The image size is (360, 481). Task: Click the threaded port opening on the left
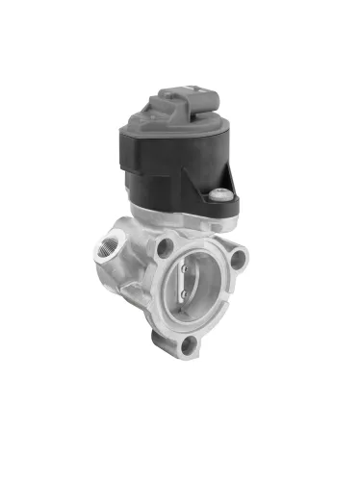(103, 252)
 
